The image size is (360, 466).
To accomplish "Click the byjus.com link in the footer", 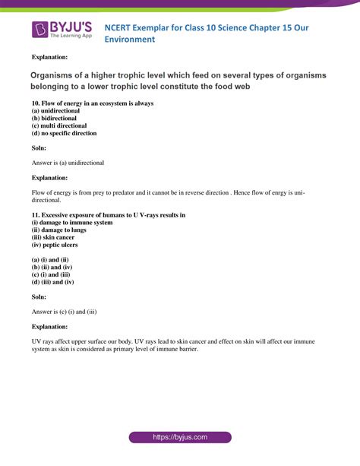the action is point(180,438).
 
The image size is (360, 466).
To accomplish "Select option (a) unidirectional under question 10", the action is point(57,110).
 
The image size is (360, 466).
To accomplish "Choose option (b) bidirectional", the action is point(55,118).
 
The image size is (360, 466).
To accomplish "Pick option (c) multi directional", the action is point(59,125).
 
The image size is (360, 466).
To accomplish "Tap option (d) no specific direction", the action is point(64,133).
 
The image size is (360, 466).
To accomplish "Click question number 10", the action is point(36,103).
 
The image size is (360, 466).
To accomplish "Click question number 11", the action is point(36,215).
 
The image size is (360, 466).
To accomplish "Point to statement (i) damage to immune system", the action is point(72,223).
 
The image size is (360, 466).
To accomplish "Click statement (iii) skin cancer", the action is point(57,238).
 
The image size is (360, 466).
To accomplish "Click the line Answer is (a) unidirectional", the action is point(68,163).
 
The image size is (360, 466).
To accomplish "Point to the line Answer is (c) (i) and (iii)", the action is point(64,311).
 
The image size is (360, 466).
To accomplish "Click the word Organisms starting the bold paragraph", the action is point(58,75).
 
